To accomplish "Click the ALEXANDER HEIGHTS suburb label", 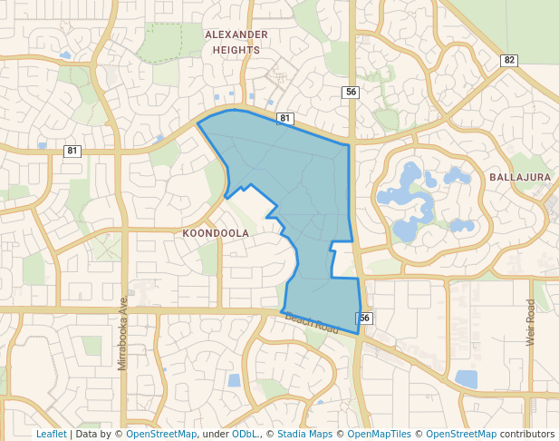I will coord(236,42).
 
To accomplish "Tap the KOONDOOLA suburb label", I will coord(216,233).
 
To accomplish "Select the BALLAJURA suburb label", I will coord(520,177).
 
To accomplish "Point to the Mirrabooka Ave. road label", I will coord(122,331).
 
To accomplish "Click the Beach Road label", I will coord(312,323).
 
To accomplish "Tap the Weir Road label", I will coord(531,322).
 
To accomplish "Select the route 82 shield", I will coord(508,60).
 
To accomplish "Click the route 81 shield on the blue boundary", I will coord(284,118).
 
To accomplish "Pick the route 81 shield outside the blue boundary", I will coord(72,151).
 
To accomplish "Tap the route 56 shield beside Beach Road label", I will coord(364,318).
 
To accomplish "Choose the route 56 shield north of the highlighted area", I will coord(351,92).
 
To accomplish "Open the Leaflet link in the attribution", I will coord(51,434).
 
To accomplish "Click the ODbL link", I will coord(246,434).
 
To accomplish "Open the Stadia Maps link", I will coord(304,434).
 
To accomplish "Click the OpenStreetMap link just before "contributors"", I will coord(461,434).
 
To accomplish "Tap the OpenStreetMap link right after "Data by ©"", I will coord(161,434).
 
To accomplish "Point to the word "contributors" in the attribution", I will coord(526,434).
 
